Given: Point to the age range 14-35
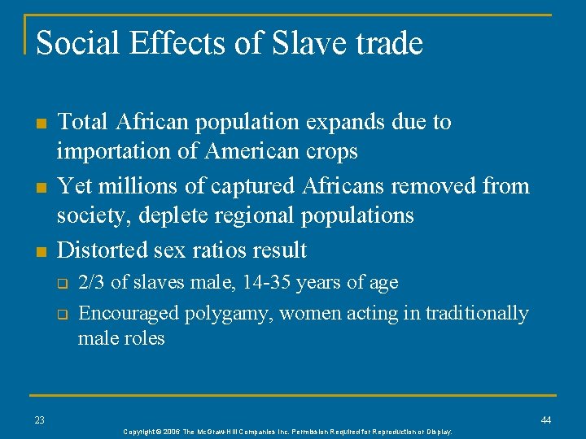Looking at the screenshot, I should (273, 283).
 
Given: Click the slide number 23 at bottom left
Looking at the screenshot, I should (40, 419).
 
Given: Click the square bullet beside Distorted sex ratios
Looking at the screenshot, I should (38, 250).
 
